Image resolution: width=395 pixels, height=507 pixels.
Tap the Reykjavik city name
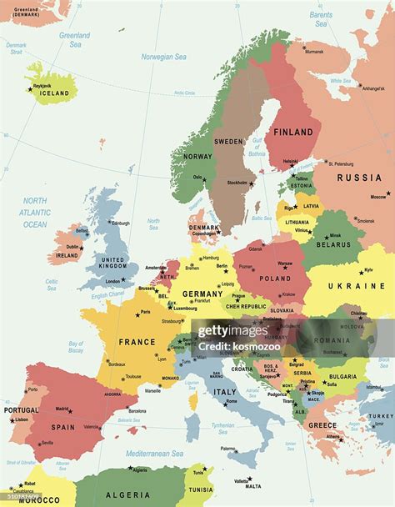(x=42, y=85)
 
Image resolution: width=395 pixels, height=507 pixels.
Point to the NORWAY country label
(x=197, y=156)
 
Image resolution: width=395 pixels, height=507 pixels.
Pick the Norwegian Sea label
(x=163, y=57)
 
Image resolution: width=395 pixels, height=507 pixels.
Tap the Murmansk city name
(x=314, y=52)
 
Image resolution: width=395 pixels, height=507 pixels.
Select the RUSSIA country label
(x=359, y=178)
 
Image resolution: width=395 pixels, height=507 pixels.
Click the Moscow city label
(x=378, y=197)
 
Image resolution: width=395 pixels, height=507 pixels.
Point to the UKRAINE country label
(x=356, y=286)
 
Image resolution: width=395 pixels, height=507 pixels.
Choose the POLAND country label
(x=274, y=279)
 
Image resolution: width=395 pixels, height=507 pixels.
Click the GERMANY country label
(x=202, y=294)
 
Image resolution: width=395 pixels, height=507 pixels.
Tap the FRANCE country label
(x=137, y=342)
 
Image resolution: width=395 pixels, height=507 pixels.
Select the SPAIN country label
(x=62, y=427)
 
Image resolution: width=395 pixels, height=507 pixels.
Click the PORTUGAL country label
(x=21, y=410)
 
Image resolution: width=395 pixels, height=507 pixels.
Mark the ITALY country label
(x=225, y=392)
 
